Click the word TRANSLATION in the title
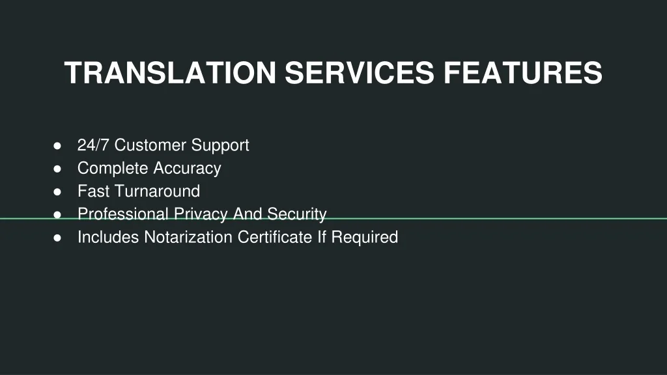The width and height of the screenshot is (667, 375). coord(171,73)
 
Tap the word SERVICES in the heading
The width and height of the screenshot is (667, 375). coord(360,73)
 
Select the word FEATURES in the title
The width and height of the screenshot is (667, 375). coord(523,73)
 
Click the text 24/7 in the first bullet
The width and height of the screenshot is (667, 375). coord(93,145)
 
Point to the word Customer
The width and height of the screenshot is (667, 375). coord(150,145)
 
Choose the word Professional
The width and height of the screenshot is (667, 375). coord(123,214)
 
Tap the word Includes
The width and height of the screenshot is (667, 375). coord(108,237)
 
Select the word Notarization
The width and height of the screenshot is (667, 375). coord(188,237)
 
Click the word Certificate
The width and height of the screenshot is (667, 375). coord(275,237)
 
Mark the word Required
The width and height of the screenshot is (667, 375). coord(365,238)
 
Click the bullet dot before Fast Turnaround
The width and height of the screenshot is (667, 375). coord(57,192)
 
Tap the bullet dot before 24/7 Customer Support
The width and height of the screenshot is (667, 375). coord(57,146)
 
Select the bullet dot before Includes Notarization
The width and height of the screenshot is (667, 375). coord(57,238)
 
